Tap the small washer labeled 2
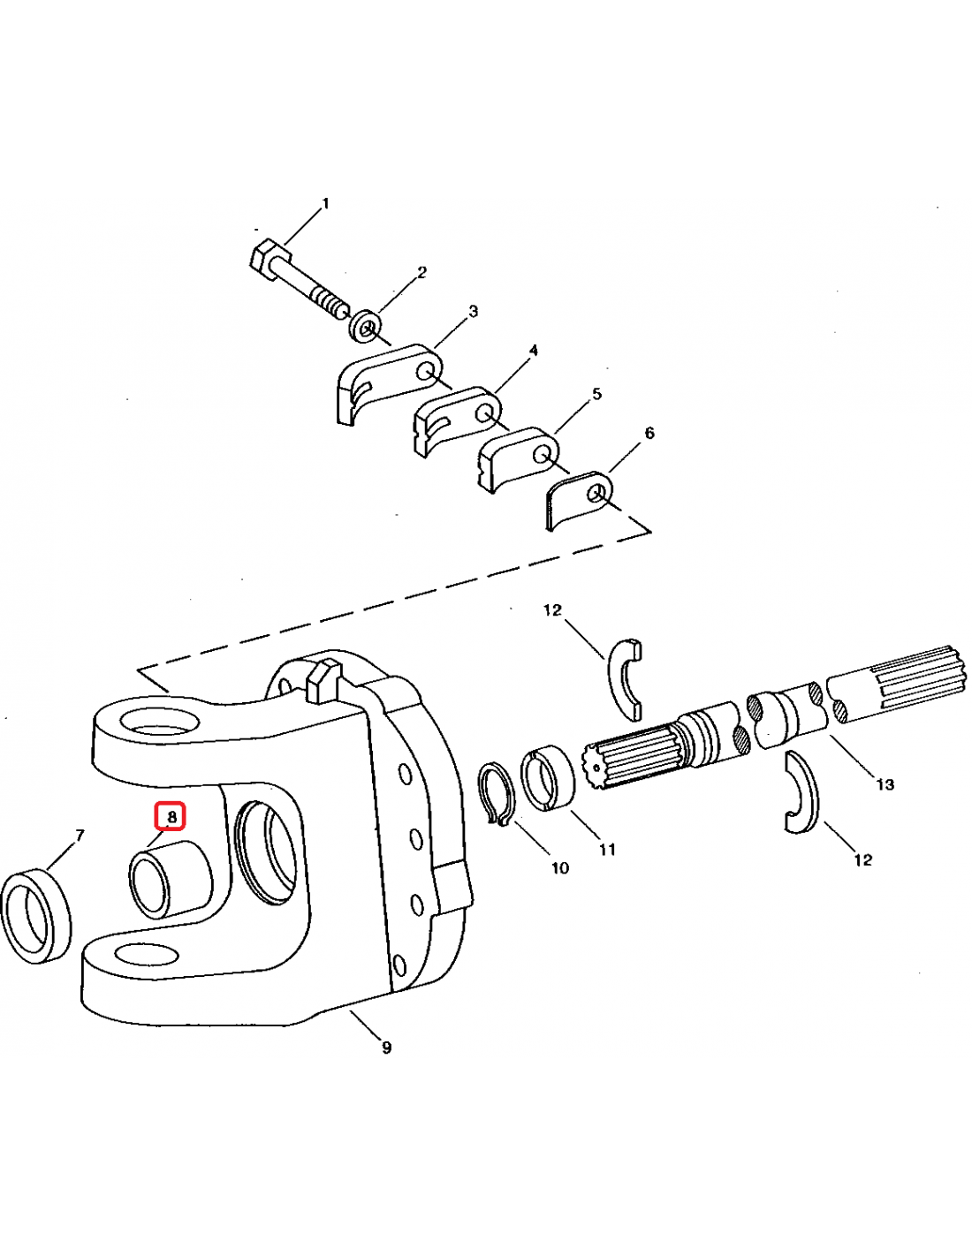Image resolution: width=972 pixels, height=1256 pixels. tap(364, 327)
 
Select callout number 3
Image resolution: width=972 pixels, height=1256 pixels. tap(473, 312)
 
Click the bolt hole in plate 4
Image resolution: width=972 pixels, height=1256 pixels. tap(484, 413)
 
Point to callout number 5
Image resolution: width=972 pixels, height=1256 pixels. tap(596, 394)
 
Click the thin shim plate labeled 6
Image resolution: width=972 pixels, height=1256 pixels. tap(578, 498)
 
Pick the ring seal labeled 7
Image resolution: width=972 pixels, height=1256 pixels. tap(36, 916)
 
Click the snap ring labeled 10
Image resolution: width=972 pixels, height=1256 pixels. tap(496, 794)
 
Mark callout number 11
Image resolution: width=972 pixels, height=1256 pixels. tap(606, 850)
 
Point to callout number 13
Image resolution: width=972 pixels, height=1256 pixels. tap(885, 785)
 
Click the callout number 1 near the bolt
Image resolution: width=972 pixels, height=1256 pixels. tap(325, 203)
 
